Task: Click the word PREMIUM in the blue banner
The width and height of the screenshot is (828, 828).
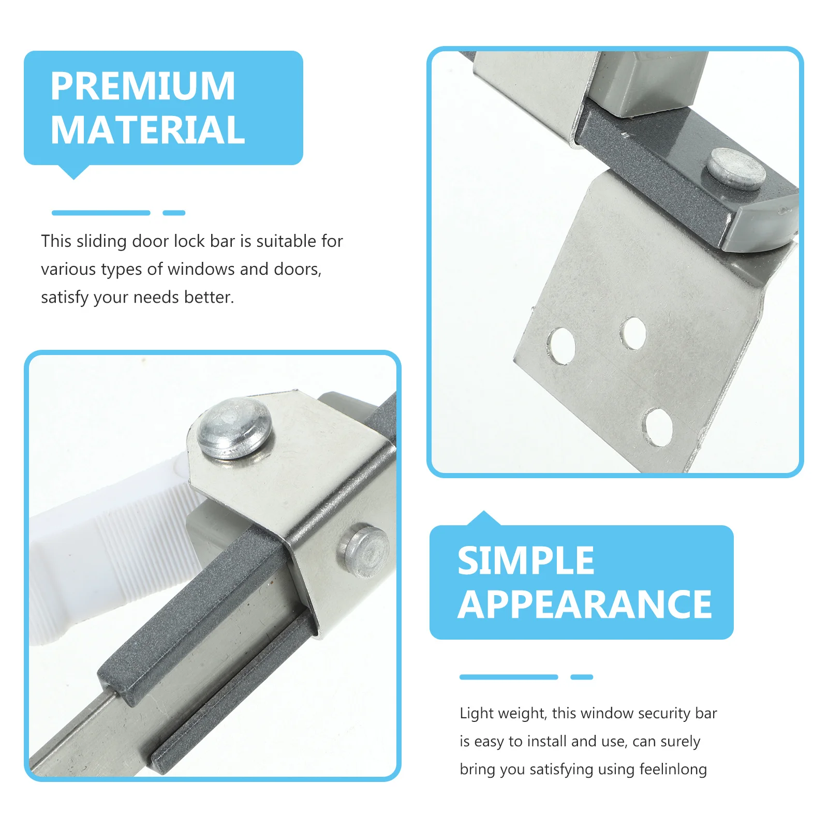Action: (143, 86)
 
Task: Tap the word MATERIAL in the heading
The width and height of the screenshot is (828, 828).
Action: (147, 130)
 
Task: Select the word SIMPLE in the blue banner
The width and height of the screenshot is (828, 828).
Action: (526, 561)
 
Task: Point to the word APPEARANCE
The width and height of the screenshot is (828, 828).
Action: (585, 604)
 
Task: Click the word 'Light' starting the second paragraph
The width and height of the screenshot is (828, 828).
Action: (476, 713)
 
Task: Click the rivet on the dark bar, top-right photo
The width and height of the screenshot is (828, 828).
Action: (736, 168)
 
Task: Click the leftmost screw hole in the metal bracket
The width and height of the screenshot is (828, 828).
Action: (561, 345)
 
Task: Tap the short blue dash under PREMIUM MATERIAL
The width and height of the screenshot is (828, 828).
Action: (174, 213)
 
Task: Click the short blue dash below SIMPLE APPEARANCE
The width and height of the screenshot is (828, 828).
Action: (582, 677)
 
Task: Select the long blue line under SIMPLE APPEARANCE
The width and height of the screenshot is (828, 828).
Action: (508, 677)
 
